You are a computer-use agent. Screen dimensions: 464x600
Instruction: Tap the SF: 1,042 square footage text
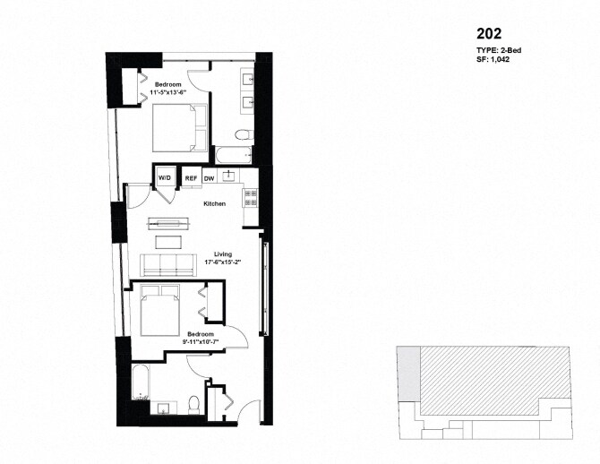(494, 60)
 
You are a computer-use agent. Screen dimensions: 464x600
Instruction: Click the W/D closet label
(165, 178)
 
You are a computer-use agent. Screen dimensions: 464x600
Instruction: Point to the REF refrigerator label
(191, 178)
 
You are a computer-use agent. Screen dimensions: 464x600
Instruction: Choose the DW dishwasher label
(209, 178)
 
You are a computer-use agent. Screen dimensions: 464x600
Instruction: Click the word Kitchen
(214, 204)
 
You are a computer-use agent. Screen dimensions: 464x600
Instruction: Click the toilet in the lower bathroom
(194, 404)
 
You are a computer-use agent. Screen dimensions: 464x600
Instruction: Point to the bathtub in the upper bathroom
(234, 158)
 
